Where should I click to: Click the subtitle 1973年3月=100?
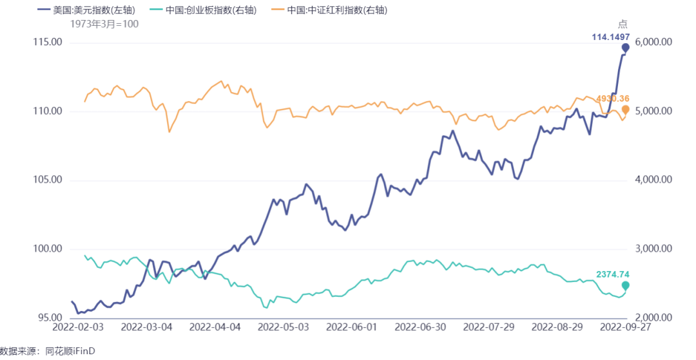coord(104,23)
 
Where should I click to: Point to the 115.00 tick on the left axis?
coord(48,43)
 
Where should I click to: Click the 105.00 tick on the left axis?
coord(48,180)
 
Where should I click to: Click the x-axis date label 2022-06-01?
coord(353,327)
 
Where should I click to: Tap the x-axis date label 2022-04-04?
coord(215,327)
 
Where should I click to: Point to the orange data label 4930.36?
coord(613,99)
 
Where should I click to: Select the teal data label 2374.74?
coord(613,274)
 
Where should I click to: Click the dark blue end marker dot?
coord(625,48)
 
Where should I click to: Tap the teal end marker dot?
coord(625,285)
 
